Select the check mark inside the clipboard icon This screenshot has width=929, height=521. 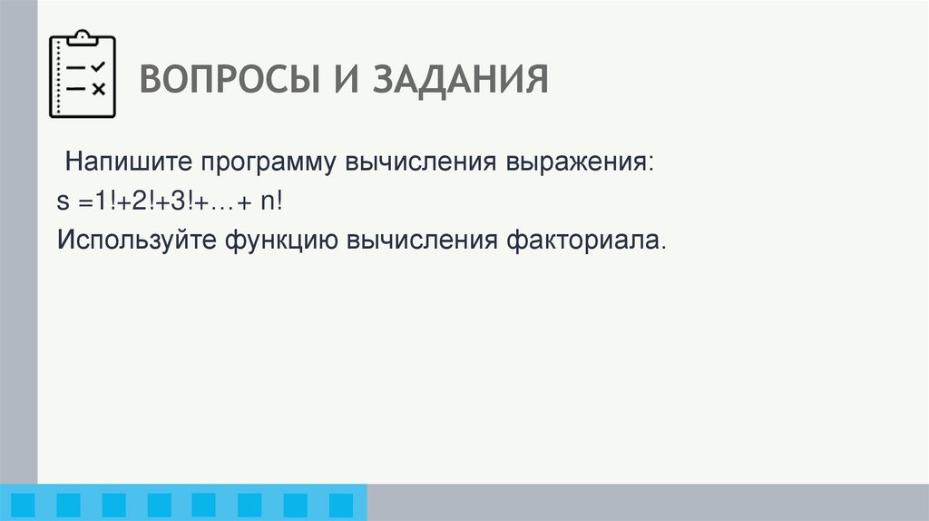[98, 67]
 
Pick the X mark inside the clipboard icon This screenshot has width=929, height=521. [98, 88]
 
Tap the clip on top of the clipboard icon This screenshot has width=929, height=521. [83, 37]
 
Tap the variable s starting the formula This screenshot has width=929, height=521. [61, 203]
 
